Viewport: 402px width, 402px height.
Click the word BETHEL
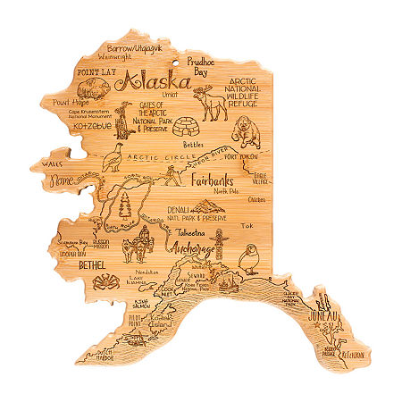point(73,267)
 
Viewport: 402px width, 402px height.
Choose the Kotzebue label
point(82,125)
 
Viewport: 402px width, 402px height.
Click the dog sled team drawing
point(140,243)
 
